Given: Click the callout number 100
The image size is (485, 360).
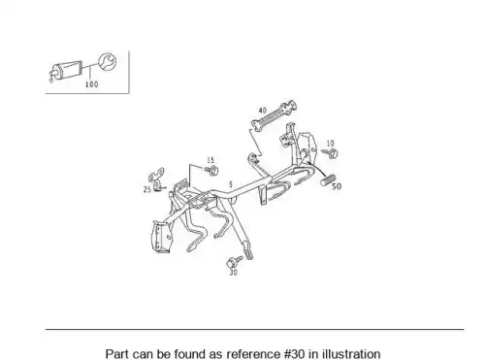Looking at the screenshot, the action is click(x=91, y=84).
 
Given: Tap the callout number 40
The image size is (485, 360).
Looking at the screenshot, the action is click(x=263, y=111).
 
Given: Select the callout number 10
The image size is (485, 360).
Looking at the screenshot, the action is click(x=330, y=143).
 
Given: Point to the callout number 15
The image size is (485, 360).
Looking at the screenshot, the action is click(x=210, y=160).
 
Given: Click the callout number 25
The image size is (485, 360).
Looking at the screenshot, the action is click(x=147, y=190).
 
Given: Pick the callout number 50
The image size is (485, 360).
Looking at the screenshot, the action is click(x=337, y=186).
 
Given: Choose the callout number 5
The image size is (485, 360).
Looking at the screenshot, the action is click(x=231, y=184).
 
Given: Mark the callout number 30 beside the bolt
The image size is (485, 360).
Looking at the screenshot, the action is click(x=233, y=273).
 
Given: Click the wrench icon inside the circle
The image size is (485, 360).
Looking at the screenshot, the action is click(x=107, y=61).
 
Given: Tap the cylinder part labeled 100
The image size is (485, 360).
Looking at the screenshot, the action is click(x=66, y=71).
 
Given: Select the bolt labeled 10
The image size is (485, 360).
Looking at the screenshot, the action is click(x=330, y=153).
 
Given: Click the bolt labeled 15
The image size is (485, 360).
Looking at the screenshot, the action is click(x=211, y=171).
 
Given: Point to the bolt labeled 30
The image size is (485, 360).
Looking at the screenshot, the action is click(x=235, y=262).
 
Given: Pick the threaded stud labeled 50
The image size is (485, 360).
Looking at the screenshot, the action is click(x=328, y=180).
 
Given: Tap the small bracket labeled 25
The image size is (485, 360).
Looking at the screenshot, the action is click(x=157, y=179).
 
